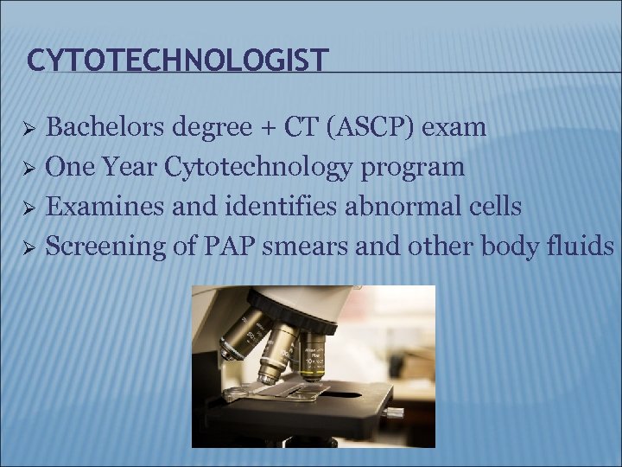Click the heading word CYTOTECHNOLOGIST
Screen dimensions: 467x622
(177, 60)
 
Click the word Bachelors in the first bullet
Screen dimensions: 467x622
(94, 128)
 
